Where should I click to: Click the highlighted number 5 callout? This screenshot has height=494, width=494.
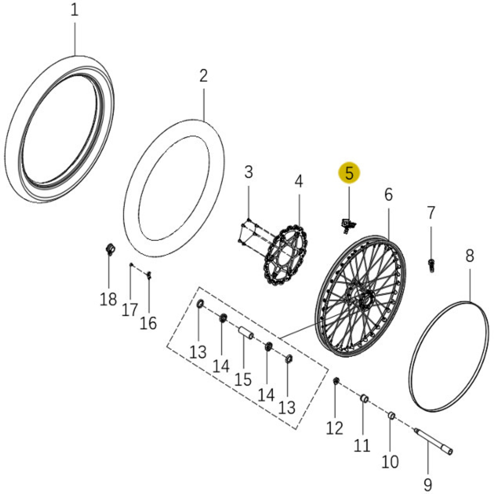tap(349, 173)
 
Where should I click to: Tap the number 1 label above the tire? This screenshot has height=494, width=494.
tap(74, 10)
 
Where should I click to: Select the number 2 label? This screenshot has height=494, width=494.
tap(203, 76)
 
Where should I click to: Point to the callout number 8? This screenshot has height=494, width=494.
tap(470, 256)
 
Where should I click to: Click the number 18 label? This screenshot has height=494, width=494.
tap(108, 299)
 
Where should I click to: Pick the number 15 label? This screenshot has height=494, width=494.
tap(243, 379)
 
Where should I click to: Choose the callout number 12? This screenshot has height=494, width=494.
tap(334, 428)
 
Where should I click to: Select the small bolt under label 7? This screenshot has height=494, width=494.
tap(431, 265)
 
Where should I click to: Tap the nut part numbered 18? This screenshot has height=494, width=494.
tap(111, 248)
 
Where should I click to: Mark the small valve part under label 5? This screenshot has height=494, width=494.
tap(347, 224)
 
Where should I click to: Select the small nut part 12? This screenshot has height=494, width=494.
tap(336, 381)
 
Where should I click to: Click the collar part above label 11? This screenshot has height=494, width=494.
tap(364, 399)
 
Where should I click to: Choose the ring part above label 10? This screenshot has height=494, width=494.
tap(391, 416)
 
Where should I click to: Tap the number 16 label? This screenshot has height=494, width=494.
tap(148, 323)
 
